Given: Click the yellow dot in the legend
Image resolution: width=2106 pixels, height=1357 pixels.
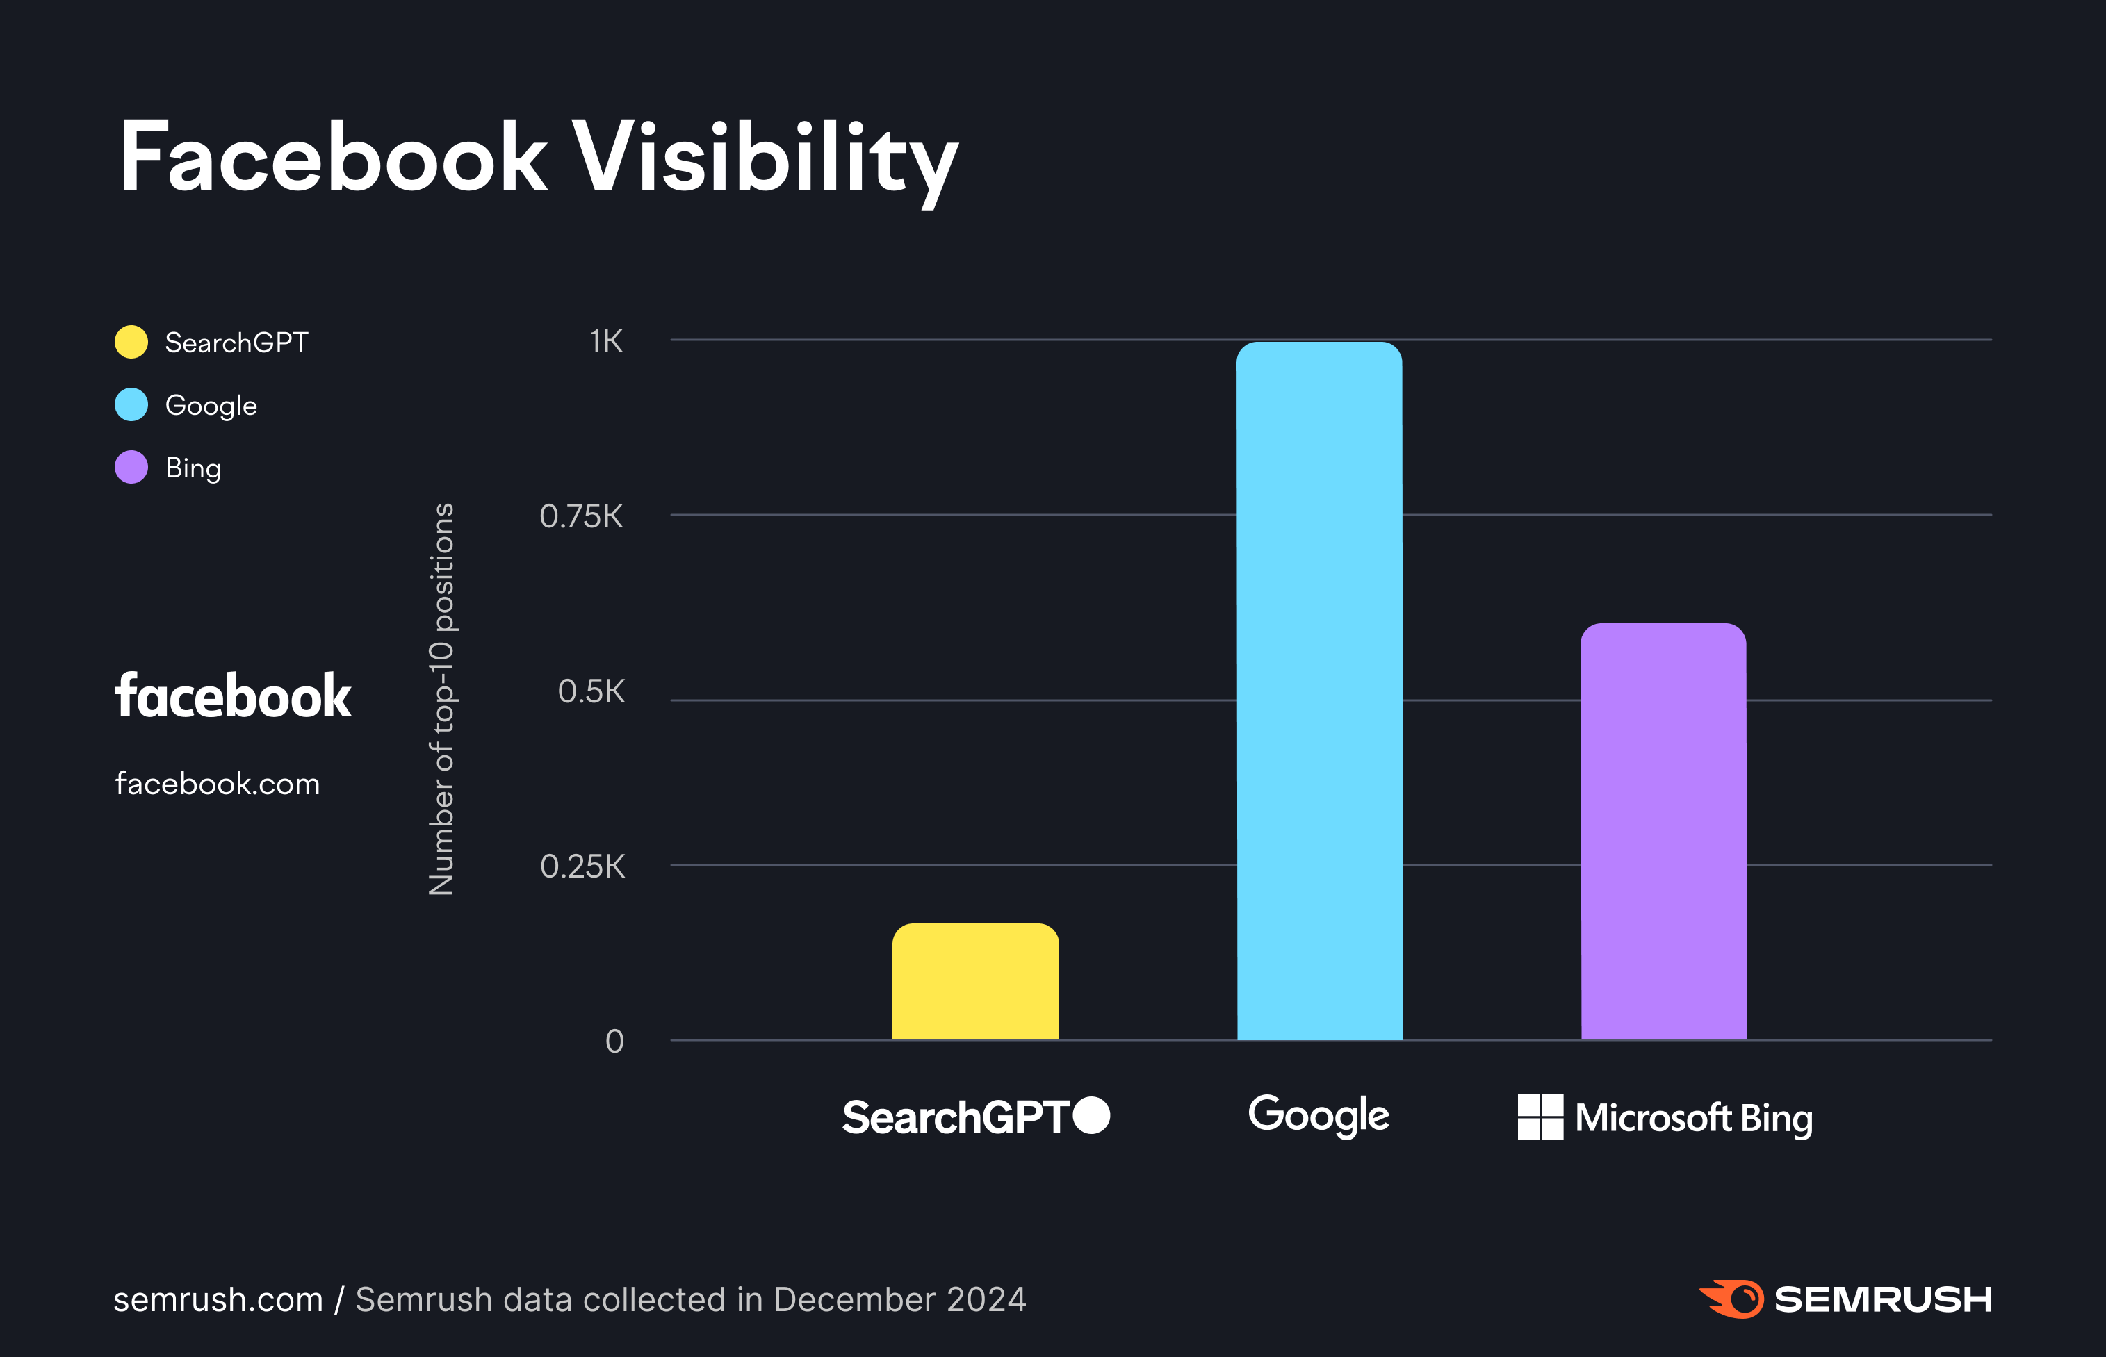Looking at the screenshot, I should point(131,342).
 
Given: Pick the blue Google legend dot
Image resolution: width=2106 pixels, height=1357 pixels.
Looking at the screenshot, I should point(131,404).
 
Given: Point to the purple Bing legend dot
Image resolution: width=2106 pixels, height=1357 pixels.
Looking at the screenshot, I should point(131,467).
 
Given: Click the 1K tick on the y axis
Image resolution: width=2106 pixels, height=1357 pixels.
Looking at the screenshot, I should point(606,341).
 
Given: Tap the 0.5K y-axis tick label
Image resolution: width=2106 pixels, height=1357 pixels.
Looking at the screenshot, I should point(591,692).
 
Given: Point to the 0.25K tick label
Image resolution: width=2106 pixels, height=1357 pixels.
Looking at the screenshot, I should point(582,866).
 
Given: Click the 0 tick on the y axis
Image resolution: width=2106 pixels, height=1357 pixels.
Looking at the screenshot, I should point(614,1042).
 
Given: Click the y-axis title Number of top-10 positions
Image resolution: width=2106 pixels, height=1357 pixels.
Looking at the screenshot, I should point(441,700).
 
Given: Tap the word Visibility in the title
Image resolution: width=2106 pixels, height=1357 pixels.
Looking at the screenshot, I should point(765,158).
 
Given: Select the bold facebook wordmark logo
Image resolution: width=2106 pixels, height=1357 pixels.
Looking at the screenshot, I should point(233,696).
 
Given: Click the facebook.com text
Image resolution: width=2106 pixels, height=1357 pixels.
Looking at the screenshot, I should point(217,783).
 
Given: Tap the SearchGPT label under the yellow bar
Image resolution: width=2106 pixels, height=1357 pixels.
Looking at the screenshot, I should point(957,1117).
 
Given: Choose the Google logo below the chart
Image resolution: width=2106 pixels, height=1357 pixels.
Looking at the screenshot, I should point(1319,1116).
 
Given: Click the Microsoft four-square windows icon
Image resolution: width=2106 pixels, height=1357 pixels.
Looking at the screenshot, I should point(1540,1117).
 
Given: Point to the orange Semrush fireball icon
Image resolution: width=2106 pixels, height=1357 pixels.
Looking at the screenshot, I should point(1731,1299).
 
